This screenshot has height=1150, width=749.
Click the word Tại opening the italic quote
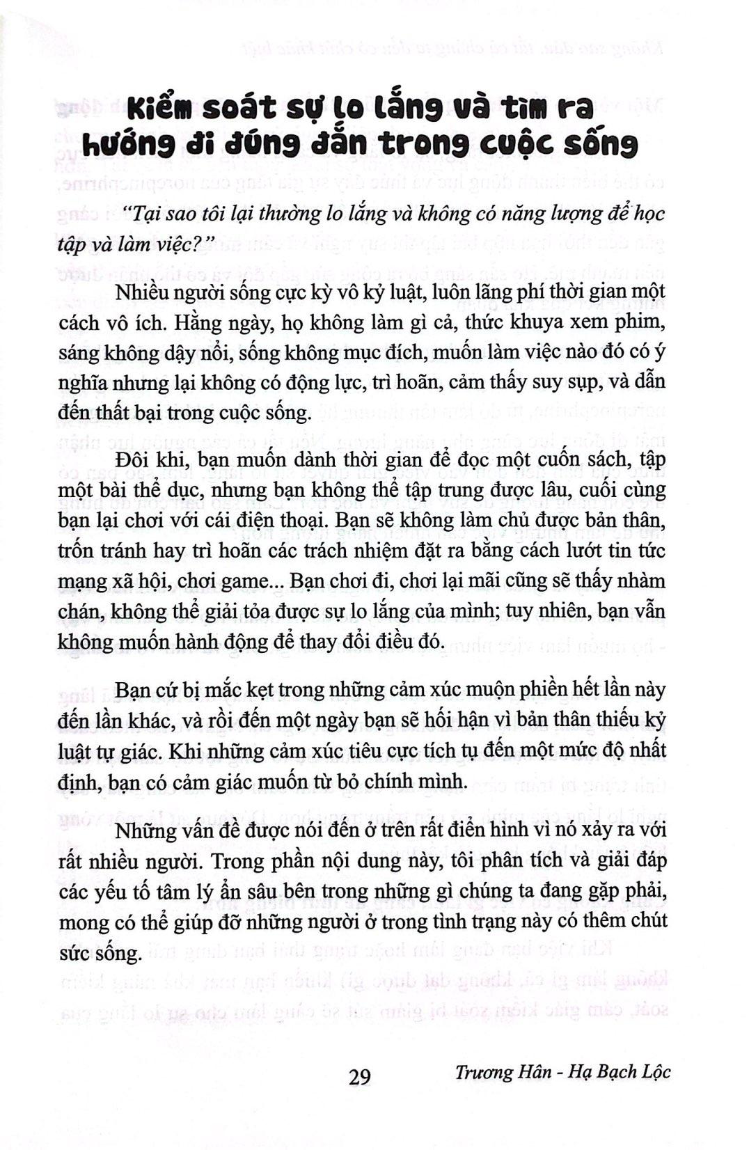coord(140,213)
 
